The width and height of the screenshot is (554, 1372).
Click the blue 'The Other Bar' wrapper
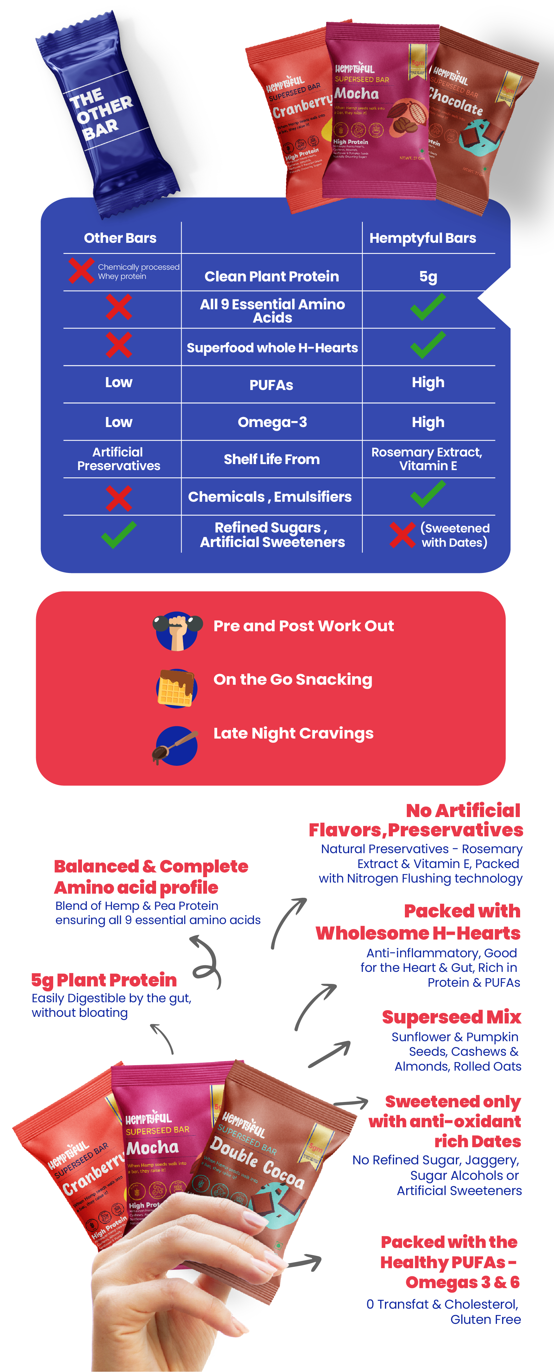pos(107,115)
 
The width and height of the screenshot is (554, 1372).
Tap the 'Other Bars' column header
pos(120,238)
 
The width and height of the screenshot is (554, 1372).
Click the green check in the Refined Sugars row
pos(119,534)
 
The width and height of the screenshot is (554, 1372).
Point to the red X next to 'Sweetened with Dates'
pos(402,535)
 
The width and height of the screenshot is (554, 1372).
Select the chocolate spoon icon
pos(175,745)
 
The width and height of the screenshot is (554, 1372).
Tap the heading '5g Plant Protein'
pos(104,980)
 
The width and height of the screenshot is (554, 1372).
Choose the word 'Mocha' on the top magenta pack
pos(356,94)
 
